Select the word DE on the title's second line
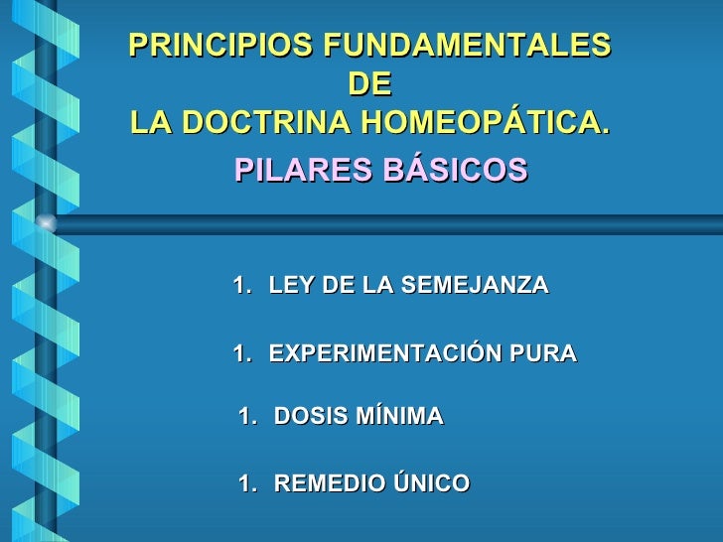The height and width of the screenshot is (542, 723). point(369,84)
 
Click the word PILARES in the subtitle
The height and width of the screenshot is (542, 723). point(299,171)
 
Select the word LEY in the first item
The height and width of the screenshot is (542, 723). point(289,286)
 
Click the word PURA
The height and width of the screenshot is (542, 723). point(544,353)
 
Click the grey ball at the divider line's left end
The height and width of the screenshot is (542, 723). point(47,223)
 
